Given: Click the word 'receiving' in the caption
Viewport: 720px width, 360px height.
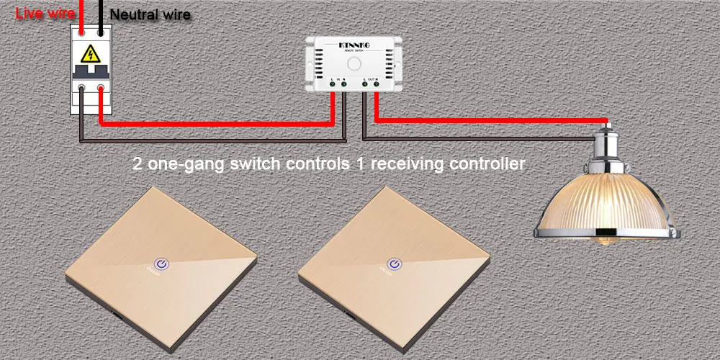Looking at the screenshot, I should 407,164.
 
